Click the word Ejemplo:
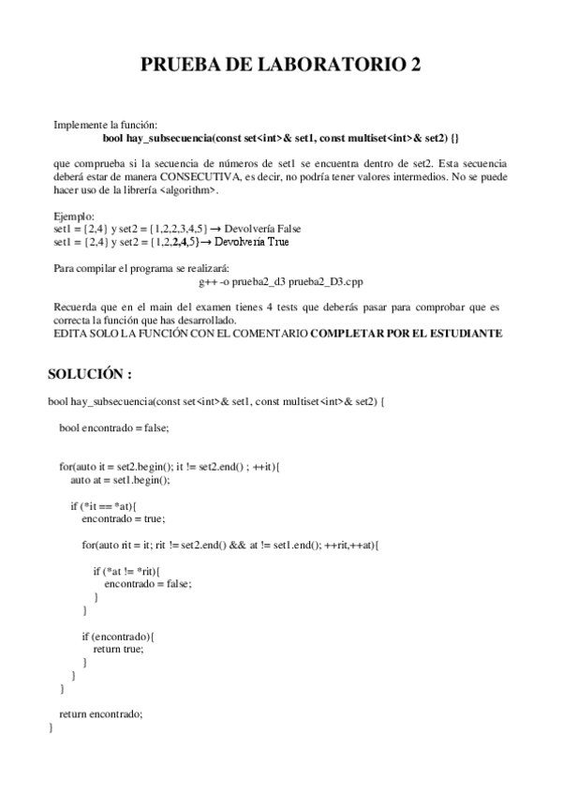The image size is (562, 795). pyautogui.click(x=74, y=216)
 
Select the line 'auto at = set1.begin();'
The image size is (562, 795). pyautogui.click(x=120, y=479)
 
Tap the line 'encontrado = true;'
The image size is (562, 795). pyautogui.click(x=123, y=518)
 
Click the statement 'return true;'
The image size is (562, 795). pyautogui.click(x=118, y=648)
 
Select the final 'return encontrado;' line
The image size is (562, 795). pyautogui.click(x=100, y=712)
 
